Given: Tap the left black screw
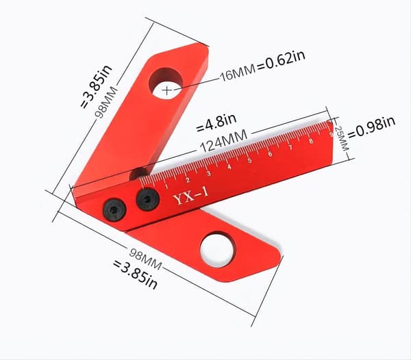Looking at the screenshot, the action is (114, 209).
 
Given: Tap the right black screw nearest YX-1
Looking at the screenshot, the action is (147, 199).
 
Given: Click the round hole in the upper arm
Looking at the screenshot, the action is (166, 83).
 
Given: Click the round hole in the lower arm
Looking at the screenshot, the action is (216, 250).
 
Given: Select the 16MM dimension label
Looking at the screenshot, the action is (238, 73).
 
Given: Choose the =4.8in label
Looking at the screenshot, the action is (216, 123).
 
